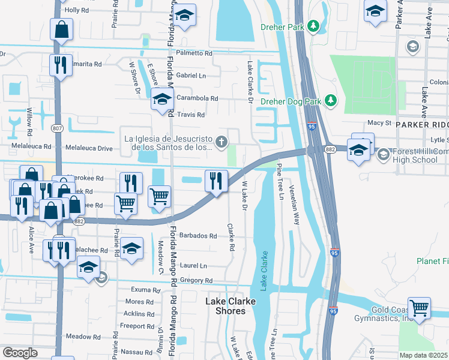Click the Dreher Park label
[x=282, y=26]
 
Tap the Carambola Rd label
[x=197, y=98]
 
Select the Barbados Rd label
[x=196, y=236]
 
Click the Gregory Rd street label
[x=196, y=281]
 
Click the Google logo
[x=20, y=352]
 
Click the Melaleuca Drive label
[x=89, y=148]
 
